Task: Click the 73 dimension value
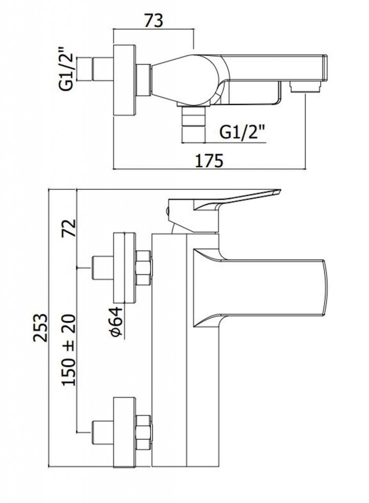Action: tap(153, 21)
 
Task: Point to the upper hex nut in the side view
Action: tap(143, 268)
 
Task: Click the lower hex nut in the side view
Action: tap(143, 431)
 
